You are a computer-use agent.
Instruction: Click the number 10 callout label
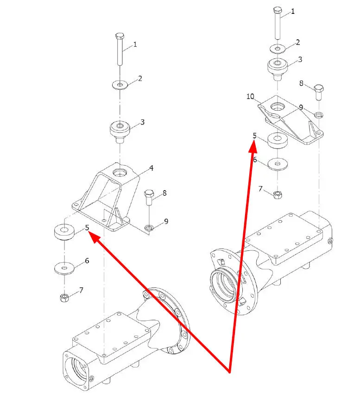click(x=250, y=96)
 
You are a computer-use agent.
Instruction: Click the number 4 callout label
click(x=151, y=168)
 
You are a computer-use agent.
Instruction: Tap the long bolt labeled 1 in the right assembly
click(x=278, y=23)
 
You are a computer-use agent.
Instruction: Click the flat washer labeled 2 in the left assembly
click(x=120, y=85)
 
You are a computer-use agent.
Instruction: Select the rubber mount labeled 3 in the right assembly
click(x=278, y=68)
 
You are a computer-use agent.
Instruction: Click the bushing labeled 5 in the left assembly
click(x=64, y=231)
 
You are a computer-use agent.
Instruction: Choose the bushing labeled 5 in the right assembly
click(x=278, y=140)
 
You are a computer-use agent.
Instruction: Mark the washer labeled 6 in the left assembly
click(x=64, y=268)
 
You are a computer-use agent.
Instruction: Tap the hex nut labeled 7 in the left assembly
click(x=64, y=297)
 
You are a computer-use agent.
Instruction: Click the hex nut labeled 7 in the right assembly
click(x=278, y=195)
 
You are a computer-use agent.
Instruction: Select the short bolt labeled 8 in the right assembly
click(x=319, y=93)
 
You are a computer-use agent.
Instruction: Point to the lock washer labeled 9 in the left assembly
click(x=149, y=228)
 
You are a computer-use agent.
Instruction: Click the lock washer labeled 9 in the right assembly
click(x=319, y=114)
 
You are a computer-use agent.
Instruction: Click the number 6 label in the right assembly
click(x=255, y=160)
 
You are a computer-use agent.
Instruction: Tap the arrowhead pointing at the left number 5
click(x=94, y=237)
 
